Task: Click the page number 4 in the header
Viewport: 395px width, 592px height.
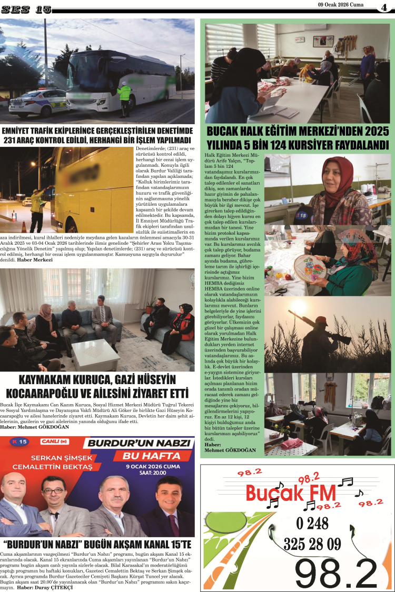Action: click(384, 7)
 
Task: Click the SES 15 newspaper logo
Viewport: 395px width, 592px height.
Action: click(26, 9)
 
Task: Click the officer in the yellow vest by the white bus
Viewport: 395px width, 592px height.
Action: click(125, 96)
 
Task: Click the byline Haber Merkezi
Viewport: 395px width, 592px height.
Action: click(35, 260)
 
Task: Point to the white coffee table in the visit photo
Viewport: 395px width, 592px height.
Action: click(96, 354)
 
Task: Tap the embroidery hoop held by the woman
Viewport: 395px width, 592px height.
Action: click(311, 268)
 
